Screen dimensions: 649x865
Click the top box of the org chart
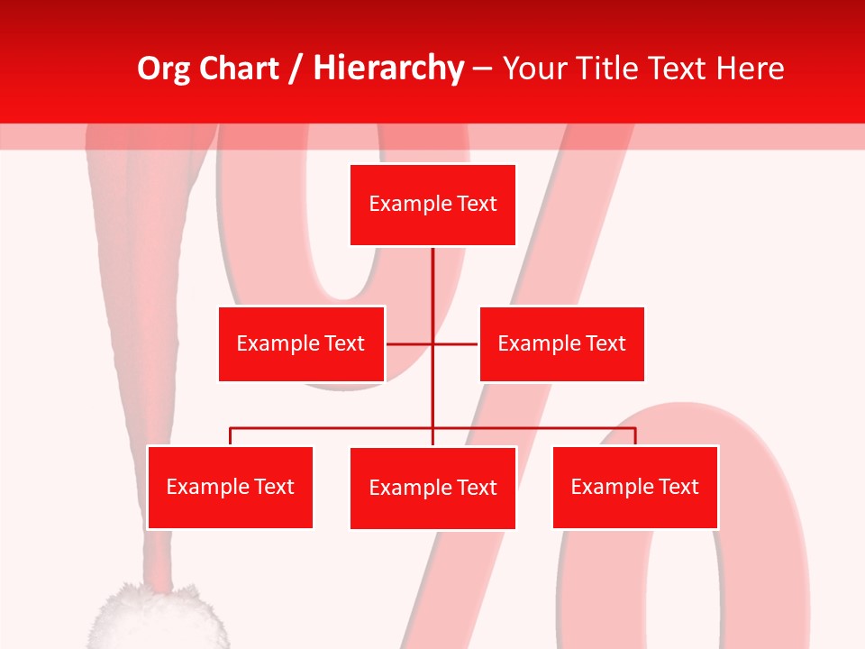coord(432,205)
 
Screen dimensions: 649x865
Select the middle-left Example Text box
coord(301,343)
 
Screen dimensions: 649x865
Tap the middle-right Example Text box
coord(561,343)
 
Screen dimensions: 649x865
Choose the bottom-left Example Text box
coord(230,487)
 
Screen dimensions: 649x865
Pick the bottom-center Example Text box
coord(432,488)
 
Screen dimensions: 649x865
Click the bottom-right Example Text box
coord(634,487)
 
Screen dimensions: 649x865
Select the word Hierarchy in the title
coord(387,69)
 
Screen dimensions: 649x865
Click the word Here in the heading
coord(749,69)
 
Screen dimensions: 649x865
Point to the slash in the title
coord(295,69)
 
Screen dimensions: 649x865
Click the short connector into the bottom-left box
coord(231,436)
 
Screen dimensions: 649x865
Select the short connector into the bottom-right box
coord(635,436)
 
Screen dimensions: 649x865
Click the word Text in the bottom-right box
coord(678,487)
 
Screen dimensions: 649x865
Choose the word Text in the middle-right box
coord(605,343)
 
